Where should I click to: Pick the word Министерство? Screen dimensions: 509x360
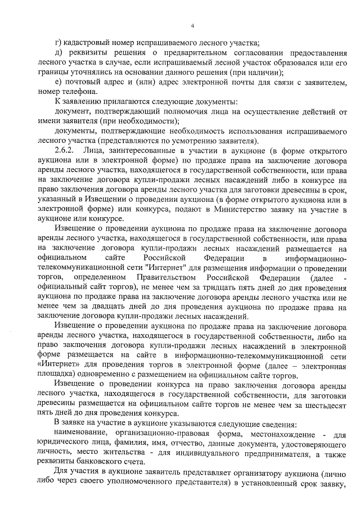pyautogui.click(x=233, y=208)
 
